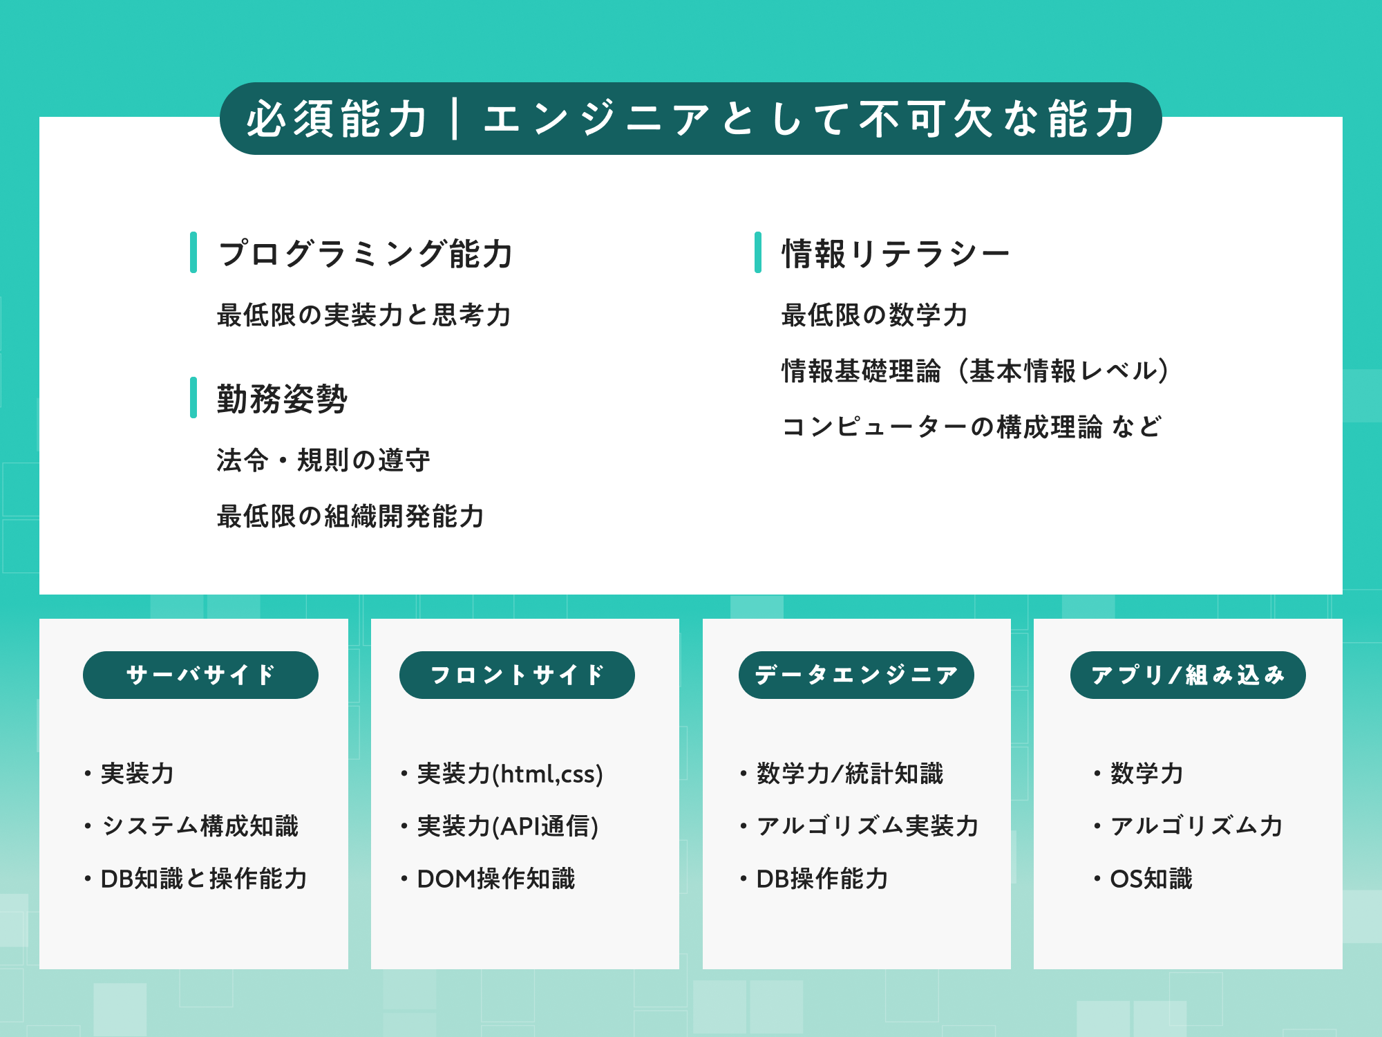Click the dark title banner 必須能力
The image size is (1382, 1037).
click(x=690, y=119)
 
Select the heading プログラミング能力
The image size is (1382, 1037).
click(x=365, y=254)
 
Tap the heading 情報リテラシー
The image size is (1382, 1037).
click(x=896, y=254)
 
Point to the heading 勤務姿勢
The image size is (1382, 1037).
click(x=282, y=399)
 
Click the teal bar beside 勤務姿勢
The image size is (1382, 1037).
click(x=193, y=398)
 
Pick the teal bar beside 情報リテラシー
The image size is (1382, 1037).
click(x=758, y=252)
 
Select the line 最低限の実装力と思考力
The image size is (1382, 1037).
click(x=363, y=315)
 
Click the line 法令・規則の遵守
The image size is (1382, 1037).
click(x=323, y=460)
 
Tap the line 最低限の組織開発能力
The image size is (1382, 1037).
click(x=350, y=516)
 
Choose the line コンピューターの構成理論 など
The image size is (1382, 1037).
click(x=972, y=427)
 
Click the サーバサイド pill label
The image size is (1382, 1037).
click(x=200, y=675)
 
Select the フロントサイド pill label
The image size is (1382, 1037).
click(x=517, y=675)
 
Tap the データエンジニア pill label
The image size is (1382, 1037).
click(x=856, y=675)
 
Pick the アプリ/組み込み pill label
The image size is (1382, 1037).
click(x=1188, y=675)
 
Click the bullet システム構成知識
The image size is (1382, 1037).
click(x=200, y=826)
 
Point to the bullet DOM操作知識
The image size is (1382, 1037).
click(x=495, y=879)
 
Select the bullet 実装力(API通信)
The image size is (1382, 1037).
click(x=507, y=826)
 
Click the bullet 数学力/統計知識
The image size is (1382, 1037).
click(x=849, y=774)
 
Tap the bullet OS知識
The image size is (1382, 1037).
click(x=1151, y=879)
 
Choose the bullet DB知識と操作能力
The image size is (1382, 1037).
click(x=203, y=879)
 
